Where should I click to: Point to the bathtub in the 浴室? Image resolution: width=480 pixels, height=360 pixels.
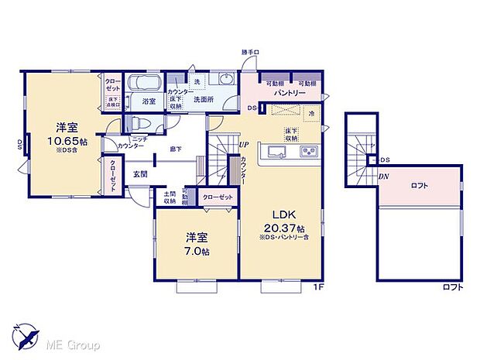tap(142, 83)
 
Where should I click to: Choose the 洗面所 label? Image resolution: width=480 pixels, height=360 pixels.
tap(203, 100)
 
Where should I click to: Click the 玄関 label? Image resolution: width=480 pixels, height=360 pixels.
tap(140, 173)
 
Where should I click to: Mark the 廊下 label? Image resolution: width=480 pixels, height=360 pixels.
tap(177, 148)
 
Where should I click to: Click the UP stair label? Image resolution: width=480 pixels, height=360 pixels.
tap(244, 145)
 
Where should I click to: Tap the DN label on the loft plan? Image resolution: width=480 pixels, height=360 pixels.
tap(384, 177)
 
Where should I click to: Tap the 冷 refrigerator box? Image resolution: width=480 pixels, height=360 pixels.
tap(311, 115)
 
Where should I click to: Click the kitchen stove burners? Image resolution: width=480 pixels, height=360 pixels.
tap(306, 150)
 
